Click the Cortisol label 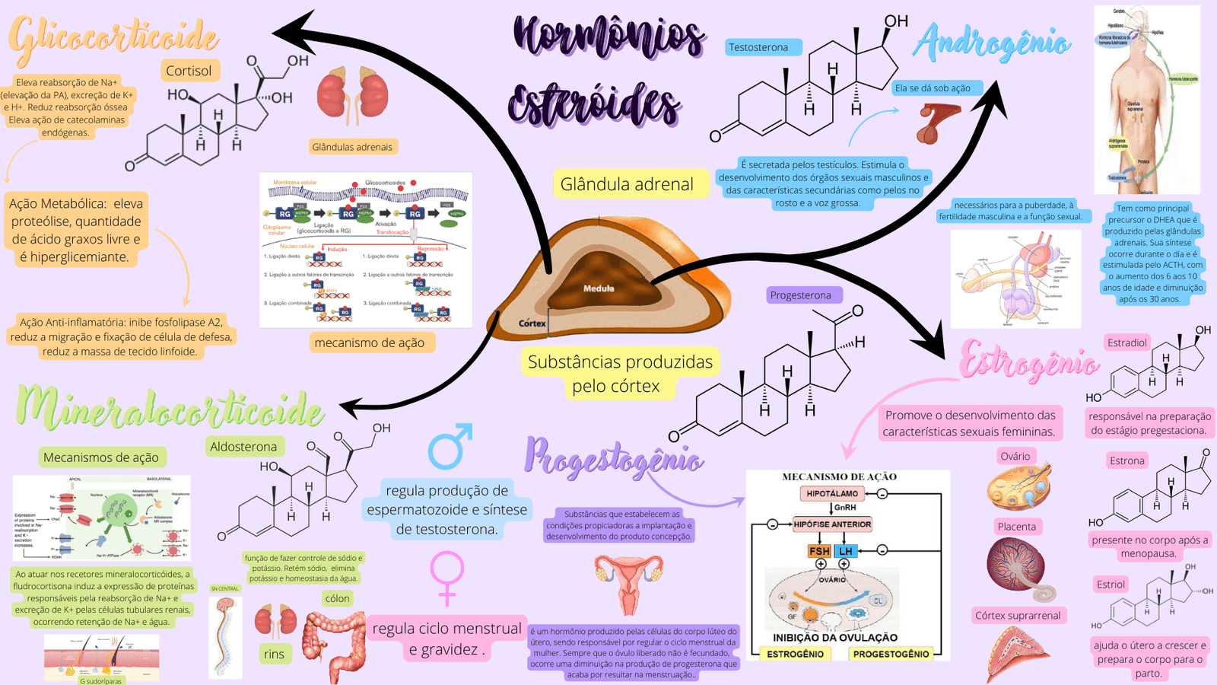click(x=189, y=71)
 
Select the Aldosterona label click(x=243, y=447)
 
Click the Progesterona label click(x=801, y=295)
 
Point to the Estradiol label click(x=1126, y=342)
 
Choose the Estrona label click(x=1126, y=460)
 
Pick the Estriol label click(x=1111, y=585)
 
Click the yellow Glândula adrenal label click(x=627, y=184)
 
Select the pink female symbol click(x=446, y=576)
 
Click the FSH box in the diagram click(x=819, y=551)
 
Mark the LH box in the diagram click(x=846, y=551)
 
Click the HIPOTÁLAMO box click(x=832, y=494)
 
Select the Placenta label click(x=1016, y=527)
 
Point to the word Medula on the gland click(x=599, y=288)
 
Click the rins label click(x=274, y=654)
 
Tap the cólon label click(x=337, y=598)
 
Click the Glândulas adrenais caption click(x=352, y=147)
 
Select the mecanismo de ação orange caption click(x=370, y=342)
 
